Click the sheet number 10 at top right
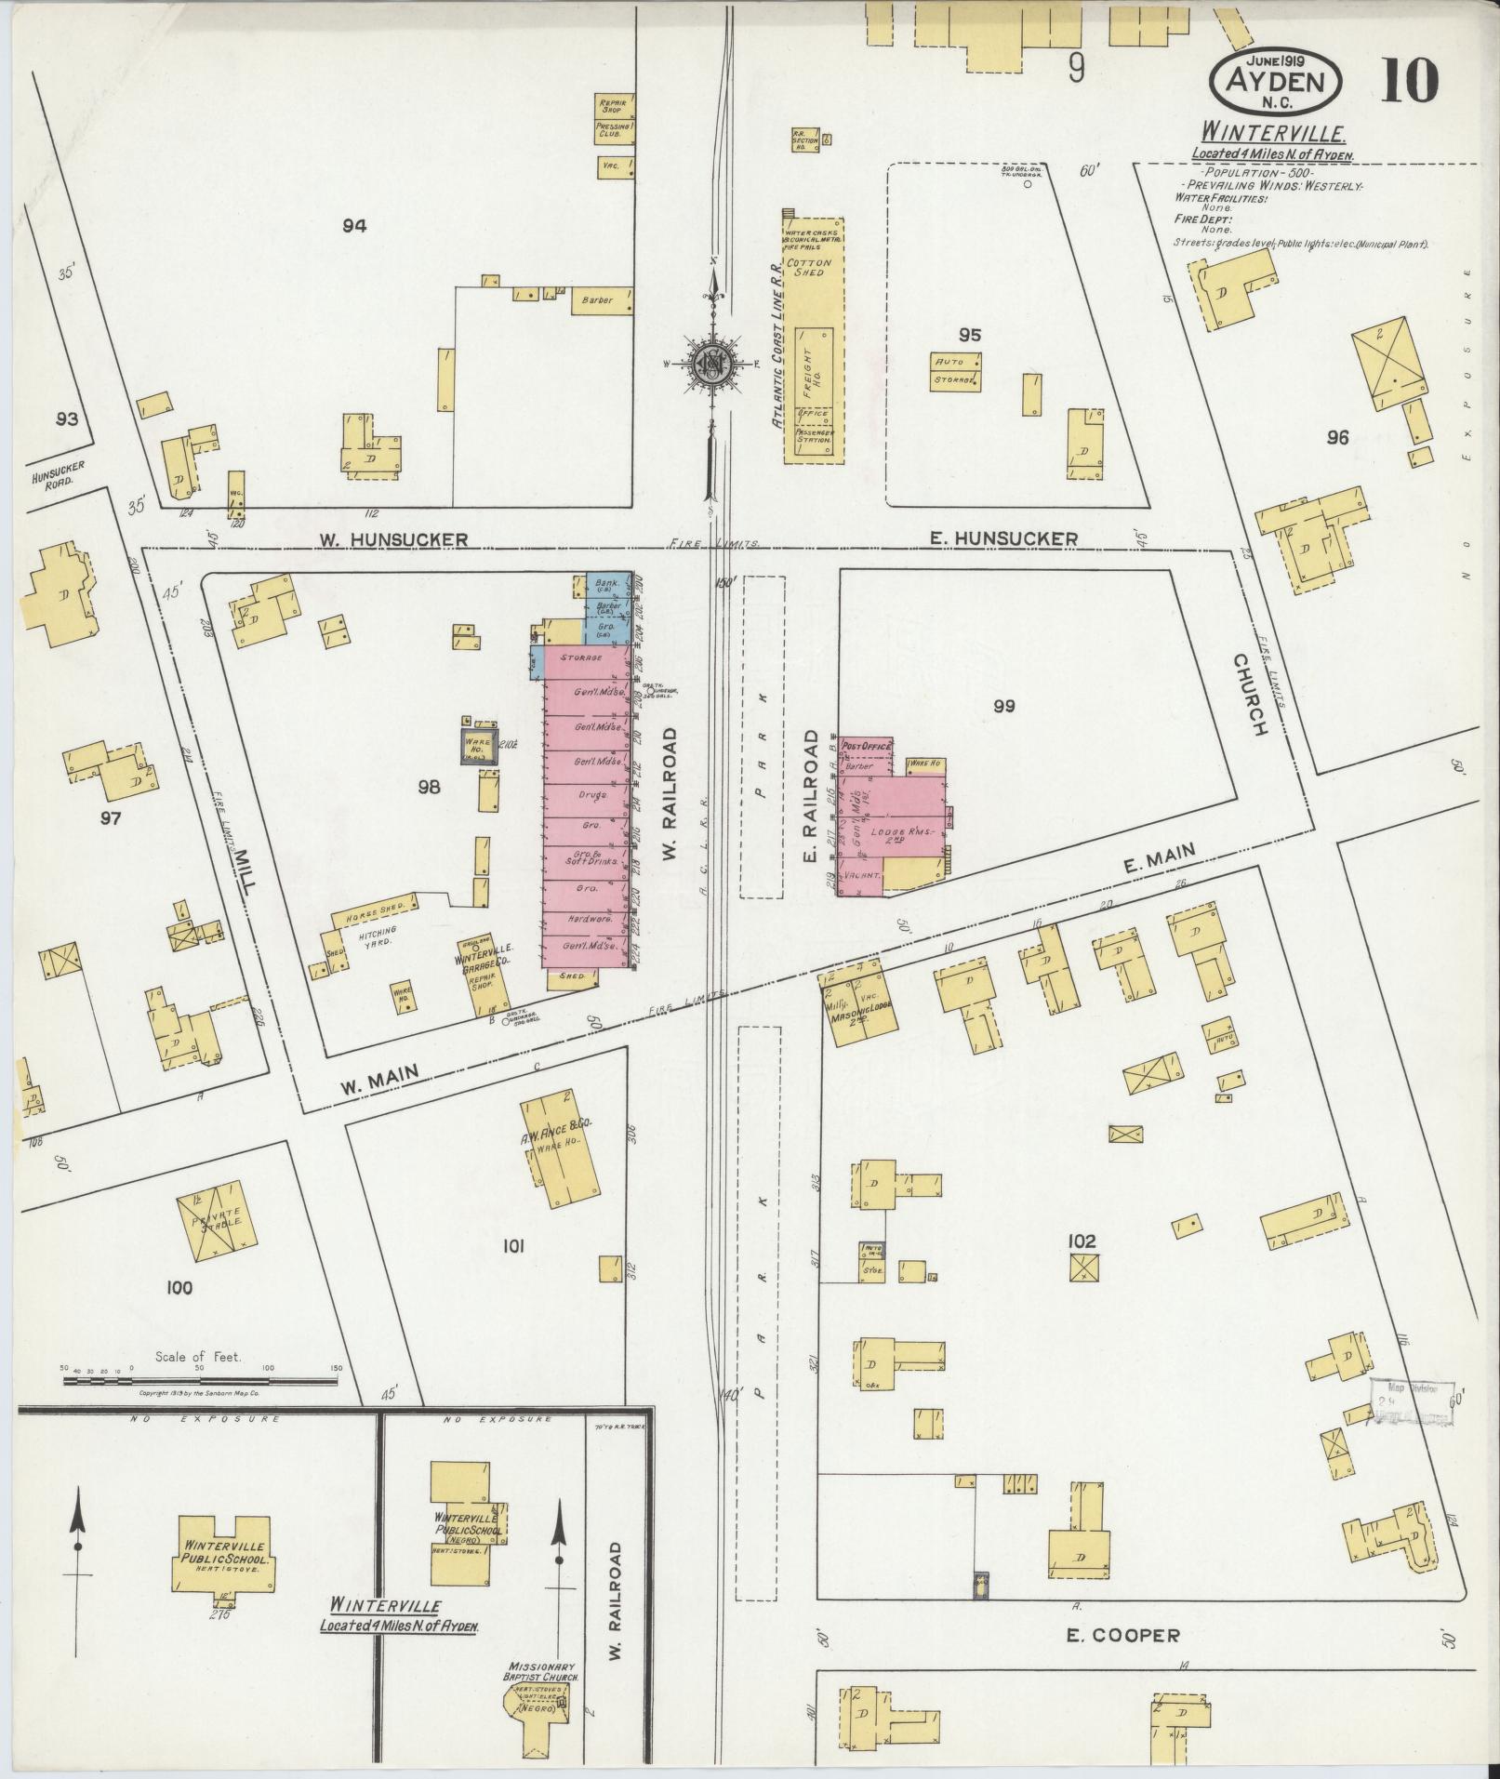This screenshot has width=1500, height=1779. (x=1409, y=82)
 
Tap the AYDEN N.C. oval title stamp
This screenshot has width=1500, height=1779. (x=1275, y=82)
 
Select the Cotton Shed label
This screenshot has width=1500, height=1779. (x=809, y=268)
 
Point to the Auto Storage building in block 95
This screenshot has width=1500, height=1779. (x=956, y=370)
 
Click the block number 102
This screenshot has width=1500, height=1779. (x=1082, y=1241)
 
